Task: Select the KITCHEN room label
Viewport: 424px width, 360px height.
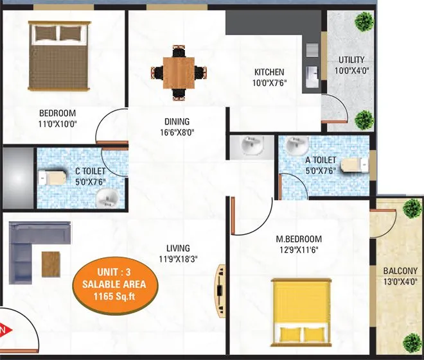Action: coord(269,72)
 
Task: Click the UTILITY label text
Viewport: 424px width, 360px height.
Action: coord(351,60)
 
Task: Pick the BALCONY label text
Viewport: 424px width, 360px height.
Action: coord(400,271)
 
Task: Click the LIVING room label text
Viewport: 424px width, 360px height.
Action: coord(177,248)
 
